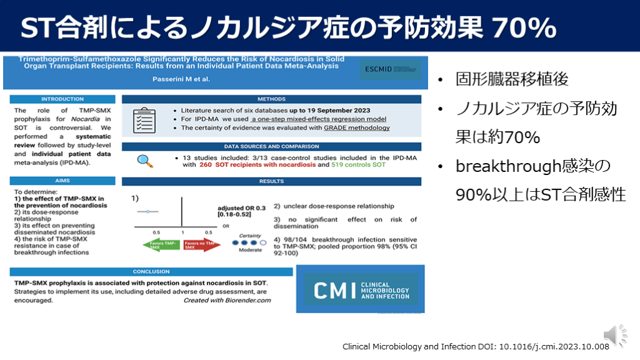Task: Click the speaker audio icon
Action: pos(614,335)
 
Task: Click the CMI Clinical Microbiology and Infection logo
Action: pos(361,289)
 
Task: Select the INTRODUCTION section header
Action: pos(62,99)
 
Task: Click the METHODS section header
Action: pos(271,99)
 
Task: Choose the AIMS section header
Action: pos(62,181)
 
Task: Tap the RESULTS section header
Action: pos(271,181)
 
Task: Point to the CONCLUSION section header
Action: pos(151,272)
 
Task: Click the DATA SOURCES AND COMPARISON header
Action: pos(271,147)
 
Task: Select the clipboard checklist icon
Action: pos(145,119)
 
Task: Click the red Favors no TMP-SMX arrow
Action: pos(202,245)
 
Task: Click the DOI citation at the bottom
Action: pos(476,346)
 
